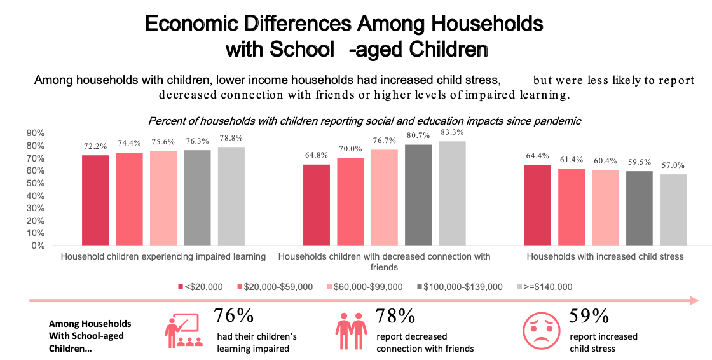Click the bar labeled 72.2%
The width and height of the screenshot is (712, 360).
pos(95,200)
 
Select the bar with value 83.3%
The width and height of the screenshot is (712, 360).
pos(452,193)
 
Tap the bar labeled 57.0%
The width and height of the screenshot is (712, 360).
pos(673,210)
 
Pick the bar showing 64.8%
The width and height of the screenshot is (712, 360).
pos(316,205)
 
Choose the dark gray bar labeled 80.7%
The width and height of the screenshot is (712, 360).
pos(418,195)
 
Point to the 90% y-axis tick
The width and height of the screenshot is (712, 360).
pos(36,134)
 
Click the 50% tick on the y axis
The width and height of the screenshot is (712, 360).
pos(36,183)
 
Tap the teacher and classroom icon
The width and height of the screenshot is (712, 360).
pos(184,331)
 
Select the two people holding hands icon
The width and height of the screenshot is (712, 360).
pos(351,331)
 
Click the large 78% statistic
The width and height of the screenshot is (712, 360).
pos(396,316)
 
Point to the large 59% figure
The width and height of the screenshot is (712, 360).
pos(589,316)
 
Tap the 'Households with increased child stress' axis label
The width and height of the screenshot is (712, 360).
pos(605,257)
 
